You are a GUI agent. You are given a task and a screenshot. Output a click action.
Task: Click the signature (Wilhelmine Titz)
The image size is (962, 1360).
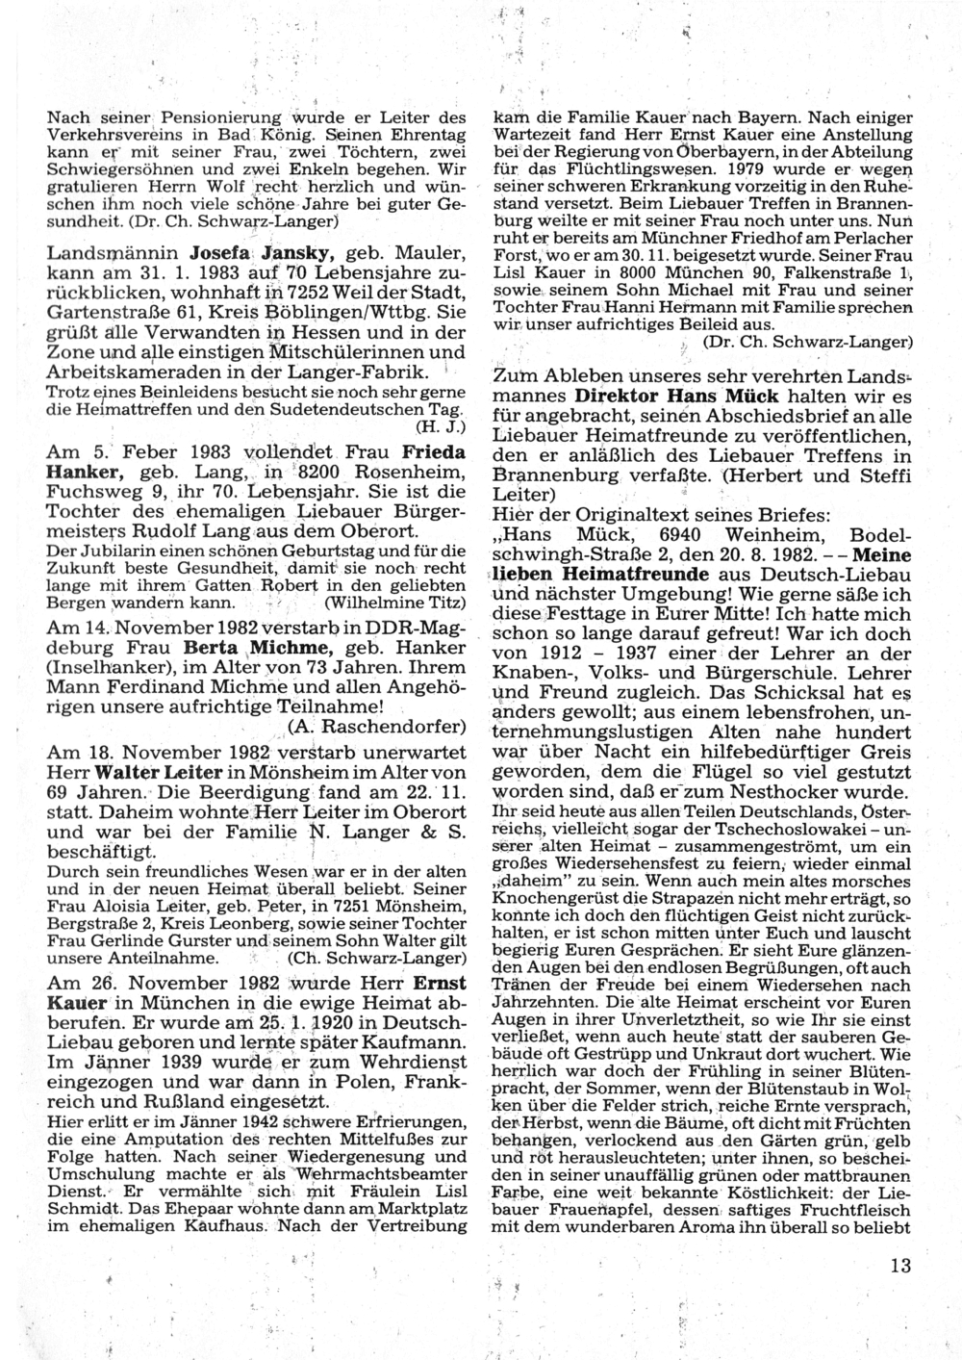[x=395, y=603]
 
